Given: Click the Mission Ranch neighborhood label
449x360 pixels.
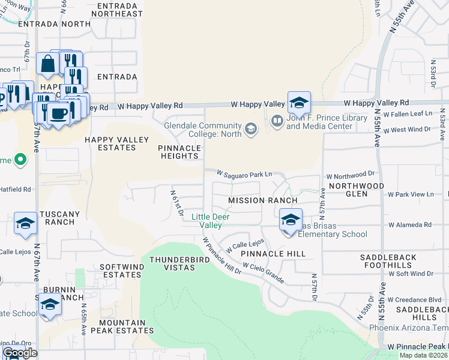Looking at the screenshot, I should [x=263, y=200].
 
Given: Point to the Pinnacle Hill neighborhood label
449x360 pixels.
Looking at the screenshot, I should [x=273, y=254].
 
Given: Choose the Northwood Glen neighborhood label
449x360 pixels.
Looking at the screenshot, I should [x=357, y=190].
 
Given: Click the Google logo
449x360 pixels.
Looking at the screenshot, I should [x=19, y=353].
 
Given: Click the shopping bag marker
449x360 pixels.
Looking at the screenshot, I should [x=47, y=63].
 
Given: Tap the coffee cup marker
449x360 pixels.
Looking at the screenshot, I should [x=58, y=113].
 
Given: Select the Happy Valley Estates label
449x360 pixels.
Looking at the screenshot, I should [x=116, y=144].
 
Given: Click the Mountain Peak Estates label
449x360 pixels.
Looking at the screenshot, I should [x=118, y=326].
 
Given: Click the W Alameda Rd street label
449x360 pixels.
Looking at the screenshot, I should [x=410, y=225].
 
